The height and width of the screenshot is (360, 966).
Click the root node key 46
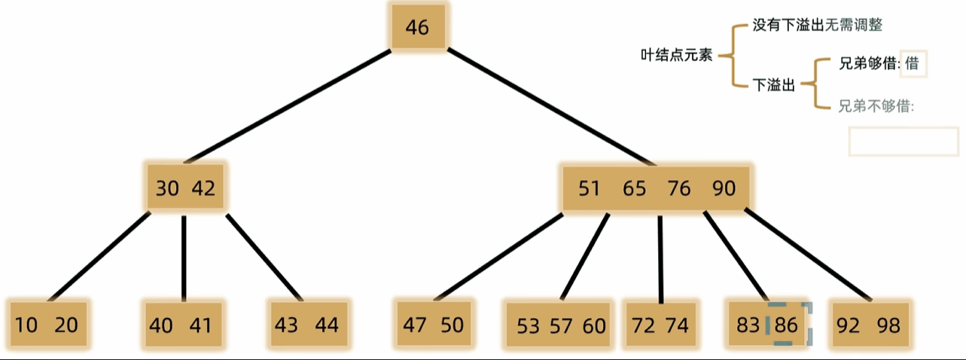[417, 28]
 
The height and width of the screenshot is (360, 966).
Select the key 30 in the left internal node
[167, 188]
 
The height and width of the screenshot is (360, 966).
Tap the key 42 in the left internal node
[203, 188]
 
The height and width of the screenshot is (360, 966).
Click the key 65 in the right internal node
[634, 188]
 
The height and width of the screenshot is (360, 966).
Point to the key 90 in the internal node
[724, 188]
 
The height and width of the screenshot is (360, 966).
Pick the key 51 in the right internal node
[589, 188]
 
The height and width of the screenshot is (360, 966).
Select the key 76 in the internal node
[679, 188]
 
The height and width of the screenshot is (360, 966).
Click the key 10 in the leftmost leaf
[26, 325]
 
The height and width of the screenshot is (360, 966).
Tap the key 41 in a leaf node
[200, 325]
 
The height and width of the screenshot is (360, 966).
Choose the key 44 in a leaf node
[327, 325]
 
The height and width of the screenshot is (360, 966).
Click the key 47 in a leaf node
[414, 325]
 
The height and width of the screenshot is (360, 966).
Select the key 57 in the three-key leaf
[561, 326]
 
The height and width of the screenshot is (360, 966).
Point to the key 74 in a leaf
[677, 325]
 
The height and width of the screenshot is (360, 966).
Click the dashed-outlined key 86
[786, 325]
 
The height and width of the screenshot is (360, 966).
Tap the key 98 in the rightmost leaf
[888, 325]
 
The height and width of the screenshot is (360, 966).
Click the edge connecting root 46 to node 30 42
[288, 106]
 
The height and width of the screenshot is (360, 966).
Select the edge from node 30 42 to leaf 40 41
[184, 258]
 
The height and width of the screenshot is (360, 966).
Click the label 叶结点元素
[676, 55]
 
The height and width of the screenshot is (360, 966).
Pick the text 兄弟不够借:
[876, 106]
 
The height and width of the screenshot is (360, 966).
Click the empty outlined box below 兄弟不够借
[904, 128]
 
